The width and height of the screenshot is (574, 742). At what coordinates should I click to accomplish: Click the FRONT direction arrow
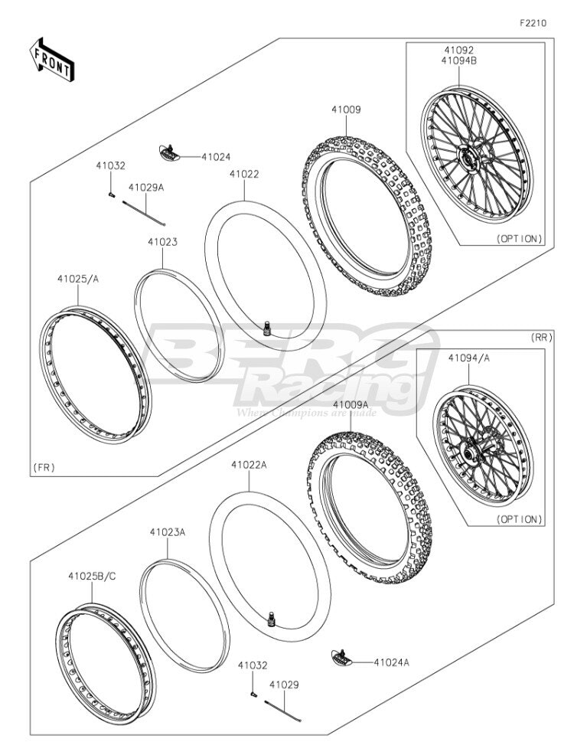[51, 59]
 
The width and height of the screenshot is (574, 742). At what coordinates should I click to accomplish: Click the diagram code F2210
[533, 23]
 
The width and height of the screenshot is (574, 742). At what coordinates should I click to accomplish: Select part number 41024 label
[216, 157]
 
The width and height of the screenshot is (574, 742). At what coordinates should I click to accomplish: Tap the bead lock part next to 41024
[168, 152]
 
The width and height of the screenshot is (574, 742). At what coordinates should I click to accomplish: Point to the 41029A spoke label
[146, 188]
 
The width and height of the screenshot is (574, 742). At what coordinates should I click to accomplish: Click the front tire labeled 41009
[367, 216]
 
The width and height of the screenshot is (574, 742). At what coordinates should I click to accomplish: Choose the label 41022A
[249, 465]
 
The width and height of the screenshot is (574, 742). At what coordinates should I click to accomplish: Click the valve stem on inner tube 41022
[268, 328]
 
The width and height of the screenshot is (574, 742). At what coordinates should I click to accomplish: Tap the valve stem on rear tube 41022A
[272, 619]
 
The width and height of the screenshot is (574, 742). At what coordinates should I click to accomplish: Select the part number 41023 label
[163, 242]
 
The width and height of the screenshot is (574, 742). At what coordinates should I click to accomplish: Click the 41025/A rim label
[78, 279]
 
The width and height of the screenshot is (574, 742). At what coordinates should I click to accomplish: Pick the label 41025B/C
[92, 577]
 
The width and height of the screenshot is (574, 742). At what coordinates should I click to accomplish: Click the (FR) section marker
[44, 468]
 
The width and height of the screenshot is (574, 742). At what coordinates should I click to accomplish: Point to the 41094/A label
[468, 358]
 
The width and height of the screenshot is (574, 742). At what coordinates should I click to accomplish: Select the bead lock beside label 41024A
[341, 657]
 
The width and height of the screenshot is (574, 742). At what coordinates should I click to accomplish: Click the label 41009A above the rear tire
[351, 405]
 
